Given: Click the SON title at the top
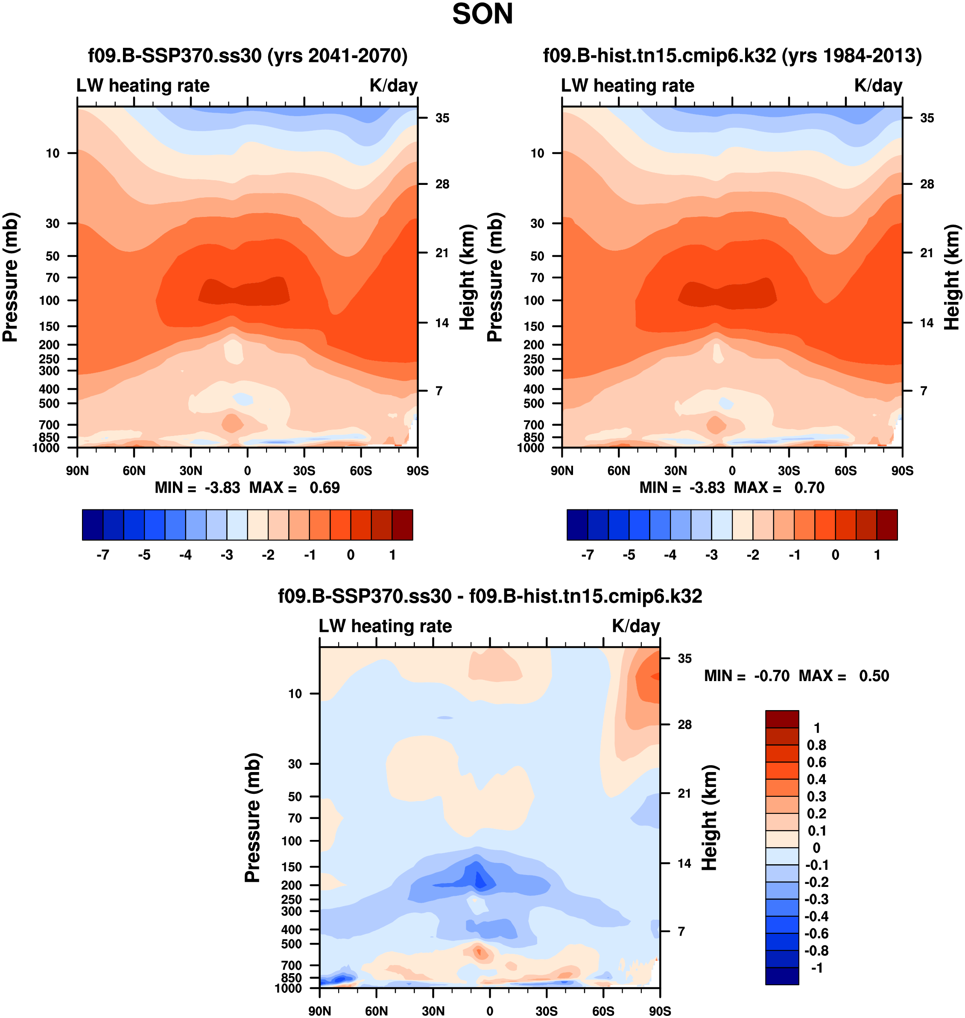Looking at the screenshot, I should point(482,15).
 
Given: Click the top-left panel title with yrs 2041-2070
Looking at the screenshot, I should point(247,56).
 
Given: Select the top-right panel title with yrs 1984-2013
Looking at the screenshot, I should point(732,56).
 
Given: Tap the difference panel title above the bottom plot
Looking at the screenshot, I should point(490,596).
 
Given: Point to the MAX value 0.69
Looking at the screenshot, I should point(325,488).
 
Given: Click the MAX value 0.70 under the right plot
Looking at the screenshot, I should point(809,488).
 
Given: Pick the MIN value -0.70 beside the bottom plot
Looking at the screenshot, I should point(772,676).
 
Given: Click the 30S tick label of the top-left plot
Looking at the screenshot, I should point(304,471).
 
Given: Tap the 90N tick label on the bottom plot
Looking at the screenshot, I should point(319,1011).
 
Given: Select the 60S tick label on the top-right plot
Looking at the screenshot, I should point(846,471).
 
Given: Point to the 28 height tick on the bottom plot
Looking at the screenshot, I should point(684,725).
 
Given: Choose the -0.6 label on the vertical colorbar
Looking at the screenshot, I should point(816,933).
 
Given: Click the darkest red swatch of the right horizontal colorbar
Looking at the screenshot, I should point(887,525).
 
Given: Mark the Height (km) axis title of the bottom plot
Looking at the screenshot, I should point(710,818).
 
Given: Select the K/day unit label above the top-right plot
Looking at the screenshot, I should point(878,85).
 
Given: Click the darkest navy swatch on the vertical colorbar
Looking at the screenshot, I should point(782,976).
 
